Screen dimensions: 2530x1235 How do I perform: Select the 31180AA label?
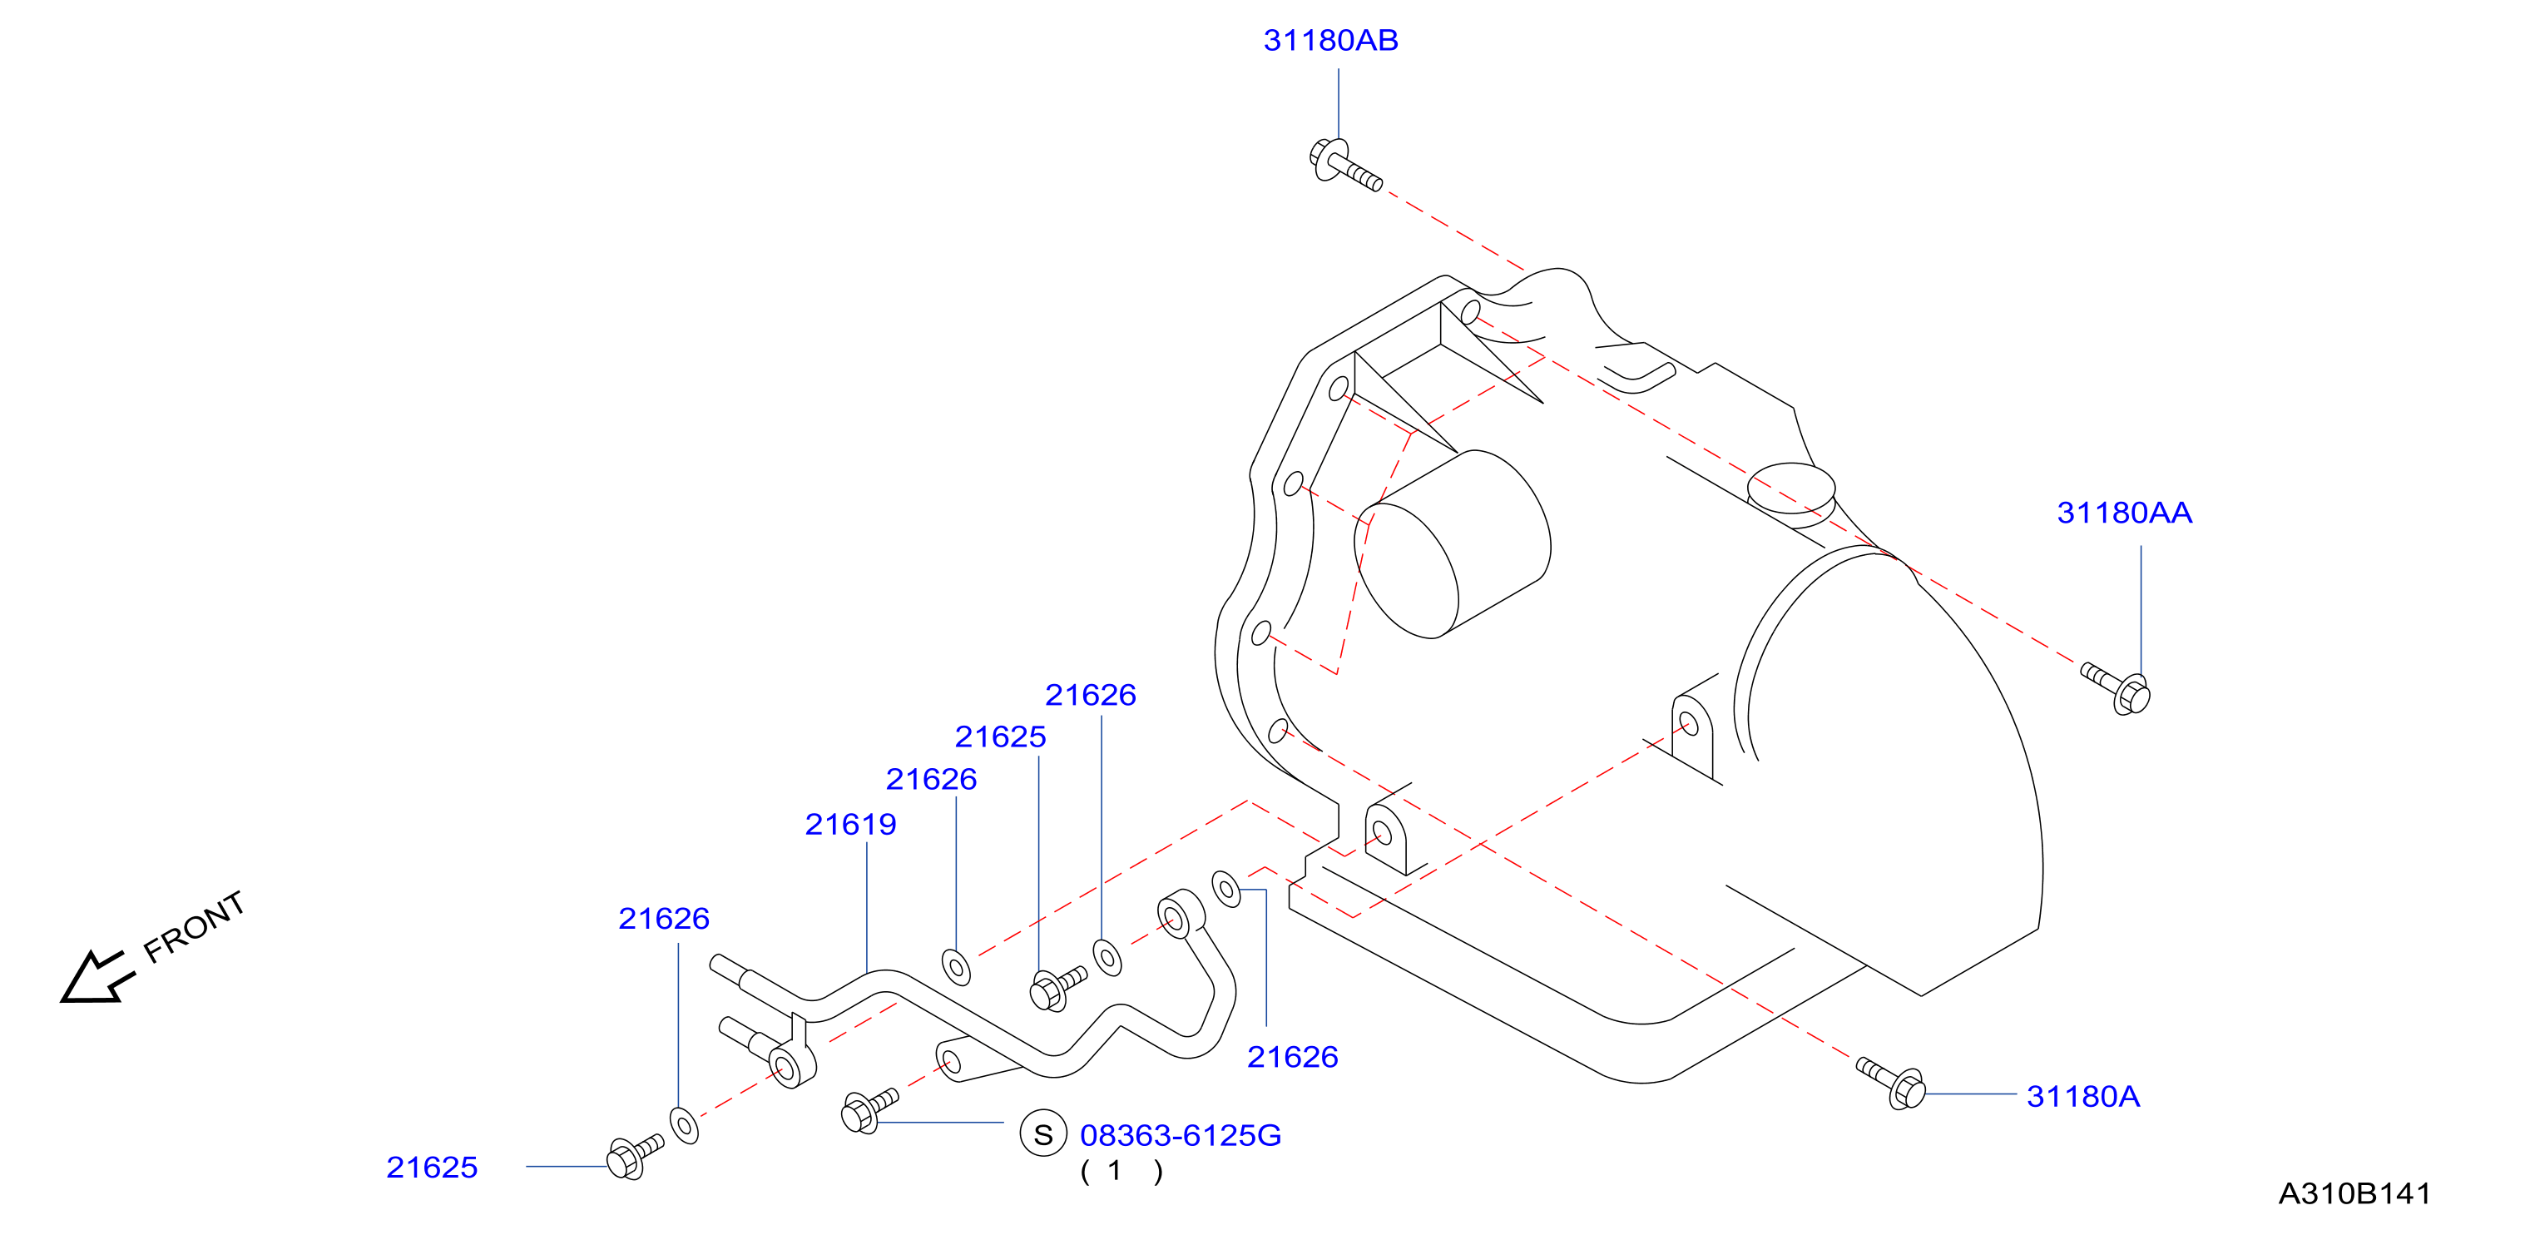point(2124,513)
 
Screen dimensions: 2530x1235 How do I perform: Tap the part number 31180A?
point(2083,1097)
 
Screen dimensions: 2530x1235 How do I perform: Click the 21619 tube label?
point(850,825)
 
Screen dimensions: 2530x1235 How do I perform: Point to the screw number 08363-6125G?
point(1181,1136)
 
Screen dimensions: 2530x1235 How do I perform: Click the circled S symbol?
point(1043,1133)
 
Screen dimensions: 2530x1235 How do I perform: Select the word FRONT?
point(194,926)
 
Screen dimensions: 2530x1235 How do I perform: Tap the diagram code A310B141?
point(2354,1193)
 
